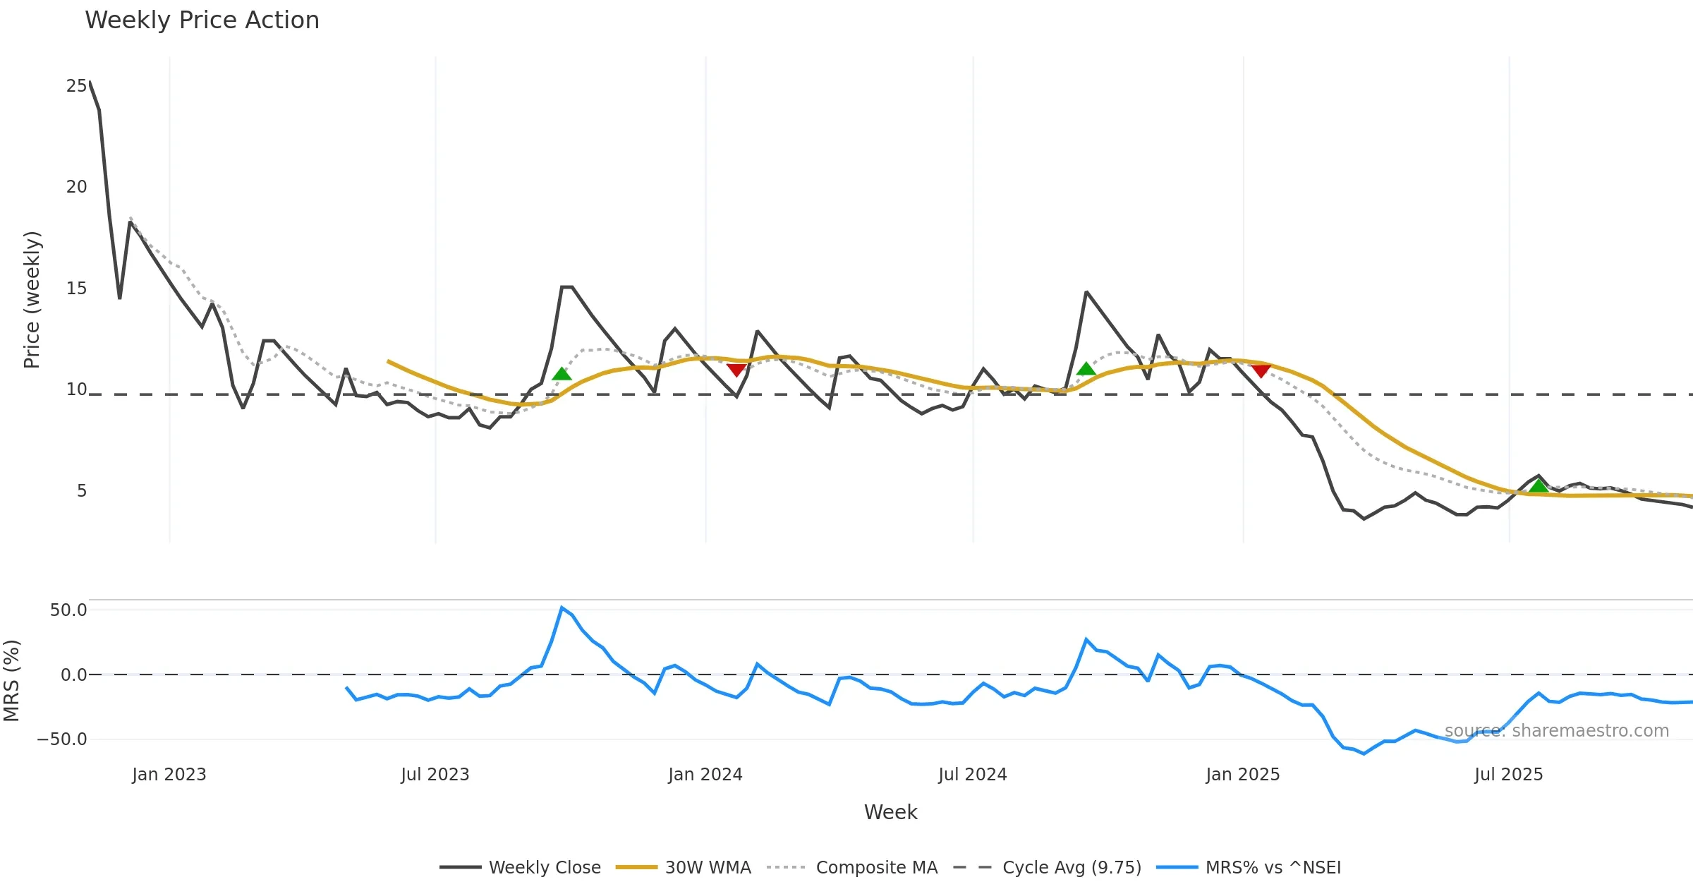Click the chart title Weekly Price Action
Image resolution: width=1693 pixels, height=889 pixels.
click(202, 20)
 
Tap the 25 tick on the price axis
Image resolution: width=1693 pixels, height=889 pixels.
click(76, 86)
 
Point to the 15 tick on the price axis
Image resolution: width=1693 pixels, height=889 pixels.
click(76, 289)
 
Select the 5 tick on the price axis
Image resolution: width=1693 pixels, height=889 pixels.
click(82, 491)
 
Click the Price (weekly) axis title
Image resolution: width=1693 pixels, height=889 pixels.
click(32, 300)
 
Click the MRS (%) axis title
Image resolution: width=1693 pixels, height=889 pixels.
click(12, 681)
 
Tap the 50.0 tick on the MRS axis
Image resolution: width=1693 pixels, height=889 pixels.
click(68, 610)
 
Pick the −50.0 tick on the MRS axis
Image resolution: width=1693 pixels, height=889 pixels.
click(62, 739)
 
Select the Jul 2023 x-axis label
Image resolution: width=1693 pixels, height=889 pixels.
click(435, 775)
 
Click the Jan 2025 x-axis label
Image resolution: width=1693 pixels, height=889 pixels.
click(1243, 775)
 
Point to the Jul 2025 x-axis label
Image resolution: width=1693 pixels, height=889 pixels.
click(1509, 775)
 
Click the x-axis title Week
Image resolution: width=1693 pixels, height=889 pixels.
click(891, 813)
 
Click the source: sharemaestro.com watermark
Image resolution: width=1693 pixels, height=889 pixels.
click(1557, 731)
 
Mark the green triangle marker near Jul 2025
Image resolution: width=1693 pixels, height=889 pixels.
click(1539, 485)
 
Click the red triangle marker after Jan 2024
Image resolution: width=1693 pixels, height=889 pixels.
click(736, 370)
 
